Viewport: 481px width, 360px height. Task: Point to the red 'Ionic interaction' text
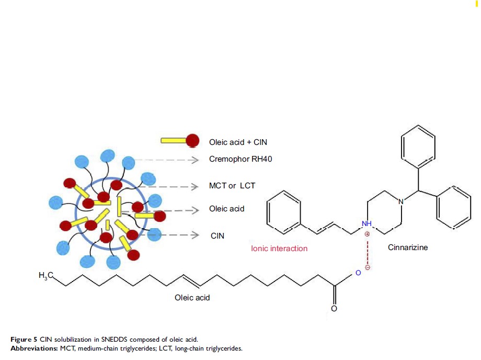[x=279, y=248]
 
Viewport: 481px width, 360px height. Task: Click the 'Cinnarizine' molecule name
[x=408, y=247]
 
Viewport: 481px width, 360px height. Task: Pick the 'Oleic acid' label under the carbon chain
[x=192, y=297]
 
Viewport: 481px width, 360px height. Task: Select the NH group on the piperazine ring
[x=367, y=224]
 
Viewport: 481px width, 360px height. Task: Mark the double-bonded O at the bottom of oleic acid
[x=334, y=309]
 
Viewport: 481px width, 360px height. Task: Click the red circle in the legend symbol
[x=193, y=141]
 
